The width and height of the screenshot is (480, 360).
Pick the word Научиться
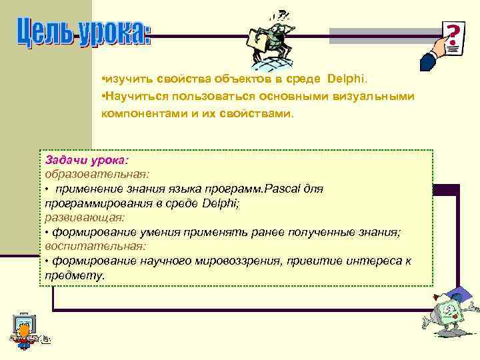(131, 97)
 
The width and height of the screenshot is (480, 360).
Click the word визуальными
(375, 97)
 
